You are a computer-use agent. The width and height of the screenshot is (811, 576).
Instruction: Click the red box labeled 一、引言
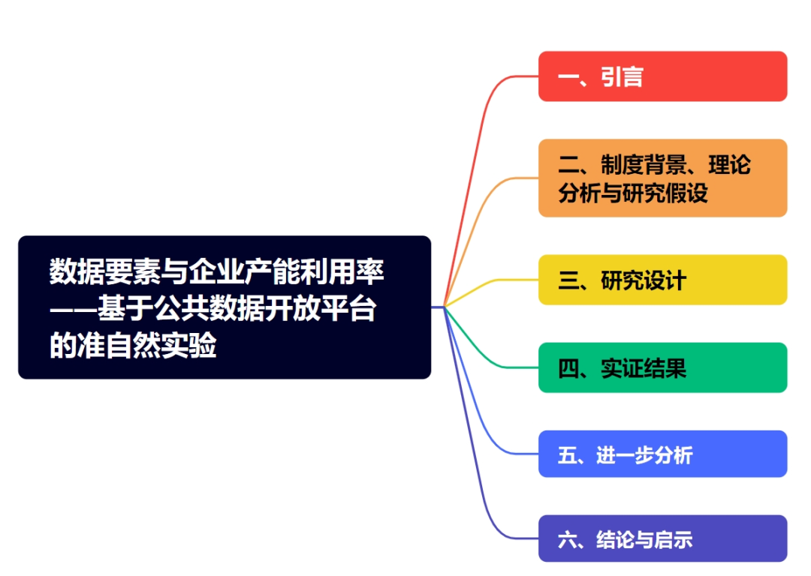pos(662,76)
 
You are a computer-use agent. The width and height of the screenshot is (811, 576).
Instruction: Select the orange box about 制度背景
pos(662,178)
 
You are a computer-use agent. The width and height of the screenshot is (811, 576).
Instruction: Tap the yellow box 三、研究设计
pos(662,280)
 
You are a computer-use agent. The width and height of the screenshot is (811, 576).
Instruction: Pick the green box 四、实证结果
pos(662,367)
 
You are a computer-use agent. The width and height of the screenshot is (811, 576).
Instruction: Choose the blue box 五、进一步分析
pos(662,454)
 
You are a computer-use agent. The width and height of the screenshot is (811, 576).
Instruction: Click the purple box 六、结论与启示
pos(662,538)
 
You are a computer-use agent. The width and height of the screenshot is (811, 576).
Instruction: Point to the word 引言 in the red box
pos(622,76)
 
